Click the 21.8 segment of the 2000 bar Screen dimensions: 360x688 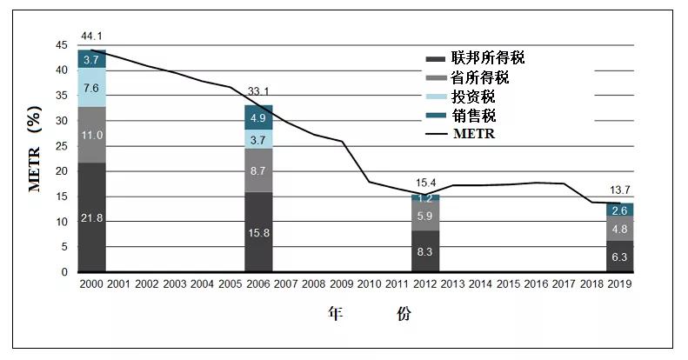pos(91,217)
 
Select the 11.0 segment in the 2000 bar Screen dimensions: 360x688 pos(91,135)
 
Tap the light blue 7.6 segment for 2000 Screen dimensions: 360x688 pos(91,87)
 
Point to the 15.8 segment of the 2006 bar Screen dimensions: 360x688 pos(258,232)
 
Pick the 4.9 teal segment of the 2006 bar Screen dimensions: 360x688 pos(258,117)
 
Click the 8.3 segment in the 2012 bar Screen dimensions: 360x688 pos(425,251)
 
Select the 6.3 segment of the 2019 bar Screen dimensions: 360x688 pos(618,257)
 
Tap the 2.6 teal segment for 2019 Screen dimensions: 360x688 pos(618,210)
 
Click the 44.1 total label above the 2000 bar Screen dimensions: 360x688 pos(92,36)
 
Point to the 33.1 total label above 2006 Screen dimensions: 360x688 pos(258,91)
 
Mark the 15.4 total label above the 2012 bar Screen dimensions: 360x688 pos(425,182)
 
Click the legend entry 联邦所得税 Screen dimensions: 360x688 pos(488,58)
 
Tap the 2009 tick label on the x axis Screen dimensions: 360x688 pos(342,283)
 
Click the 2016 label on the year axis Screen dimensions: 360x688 pos(536,283)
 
